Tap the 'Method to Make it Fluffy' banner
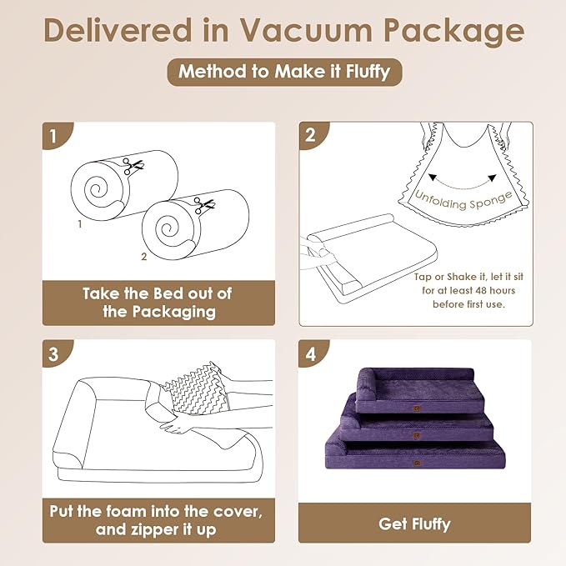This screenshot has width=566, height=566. coord(284,72)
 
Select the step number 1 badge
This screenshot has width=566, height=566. coord(54,135)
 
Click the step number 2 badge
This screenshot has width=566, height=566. coord(311,135)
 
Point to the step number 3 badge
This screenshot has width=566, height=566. coord(54,353)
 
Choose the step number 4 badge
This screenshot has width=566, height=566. coord(311,353)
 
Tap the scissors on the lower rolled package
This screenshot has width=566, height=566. coord(201,203)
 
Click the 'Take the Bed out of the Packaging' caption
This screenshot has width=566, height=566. coord(157,303)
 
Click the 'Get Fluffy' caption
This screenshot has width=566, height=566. coord(414,523)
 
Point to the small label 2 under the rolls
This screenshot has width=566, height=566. coord(143,257)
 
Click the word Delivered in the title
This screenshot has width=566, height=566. coord(115,31)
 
